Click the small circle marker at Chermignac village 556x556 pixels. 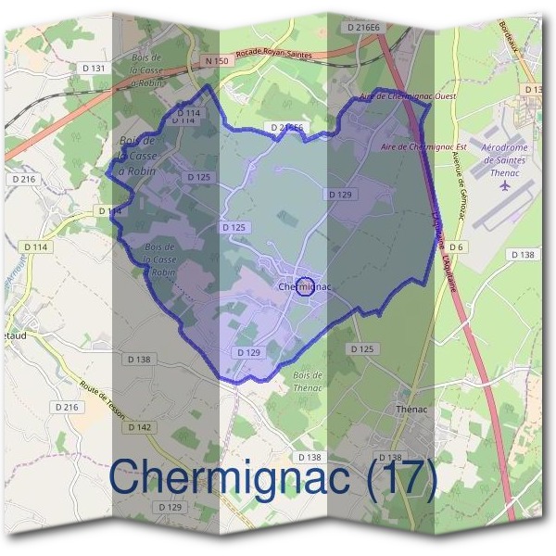click(307, 285)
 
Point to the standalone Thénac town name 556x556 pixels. click(411, 409)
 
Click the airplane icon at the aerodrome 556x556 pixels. click(505, 184)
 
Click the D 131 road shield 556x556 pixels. click(95, 69)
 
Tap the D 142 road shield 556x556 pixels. click(139, 426)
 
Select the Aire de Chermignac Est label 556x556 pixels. click(423, 146)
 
